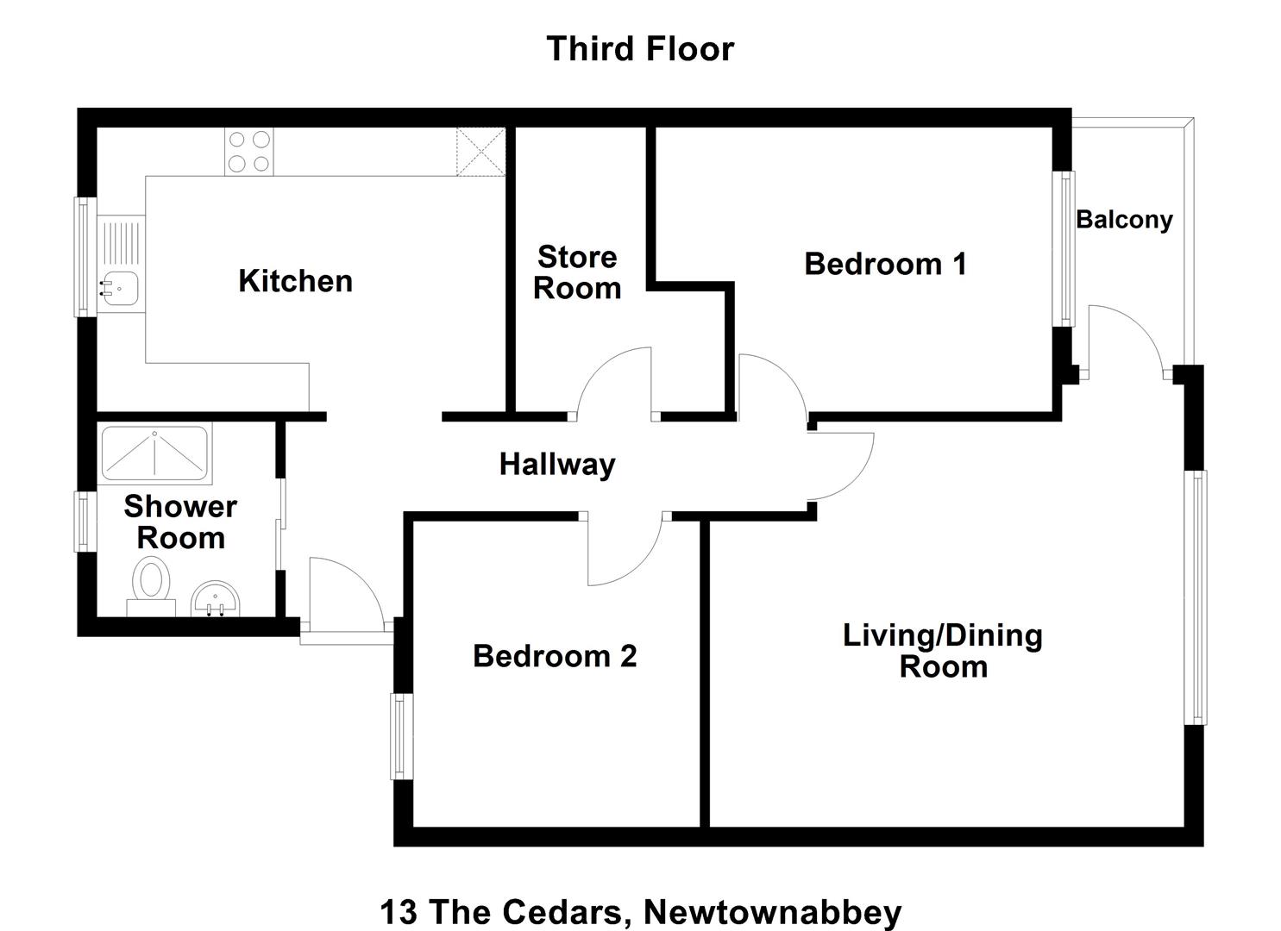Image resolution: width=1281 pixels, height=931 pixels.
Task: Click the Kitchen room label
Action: click(295, 281)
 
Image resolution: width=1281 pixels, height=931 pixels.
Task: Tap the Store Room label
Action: click(577, 272)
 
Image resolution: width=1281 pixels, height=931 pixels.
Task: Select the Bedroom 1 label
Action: click(885, 264)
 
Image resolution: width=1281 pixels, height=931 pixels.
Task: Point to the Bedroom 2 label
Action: click(555, 656)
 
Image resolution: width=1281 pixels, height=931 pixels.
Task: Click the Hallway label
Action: click(557, 465)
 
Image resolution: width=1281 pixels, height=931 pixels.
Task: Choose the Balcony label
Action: click(1124, 220)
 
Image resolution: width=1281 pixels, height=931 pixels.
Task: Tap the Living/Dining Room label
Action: click(943, 652)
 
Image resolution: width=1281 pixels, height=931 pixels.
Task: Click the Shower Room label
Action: click(180, 522)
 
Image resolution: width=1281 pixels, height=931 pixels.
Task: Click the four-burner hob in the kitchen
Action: click(248, 152)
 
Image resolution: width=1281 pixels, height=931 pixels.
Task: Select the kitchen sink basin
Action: click(120, 289)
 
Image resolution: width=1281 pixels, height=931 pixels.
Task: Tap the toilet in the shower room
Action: click(151, 586)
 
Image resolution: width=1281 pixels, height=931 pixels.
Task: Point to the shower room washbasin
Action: click(215, 600)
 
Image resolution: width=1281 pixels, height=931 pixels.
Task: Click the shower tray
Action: click(154, 453)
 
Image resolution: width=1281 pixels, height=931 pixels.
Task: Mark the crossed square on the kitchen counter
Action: click(481, 152)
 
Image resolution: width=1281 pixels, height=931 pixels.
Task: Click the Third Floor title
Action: click(640, 49)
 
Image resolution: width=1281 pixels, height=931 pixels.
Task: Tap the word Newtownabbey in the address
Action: click(773, 912)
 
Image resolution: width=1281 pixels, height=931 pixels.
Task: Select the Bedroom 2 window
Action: click(401, 736)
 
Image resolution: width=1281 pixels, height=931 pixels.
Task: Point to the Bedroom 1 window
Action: click(1064, 248)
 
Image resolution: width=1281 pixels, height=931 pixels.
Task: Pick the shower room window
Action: click(85, 522)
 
